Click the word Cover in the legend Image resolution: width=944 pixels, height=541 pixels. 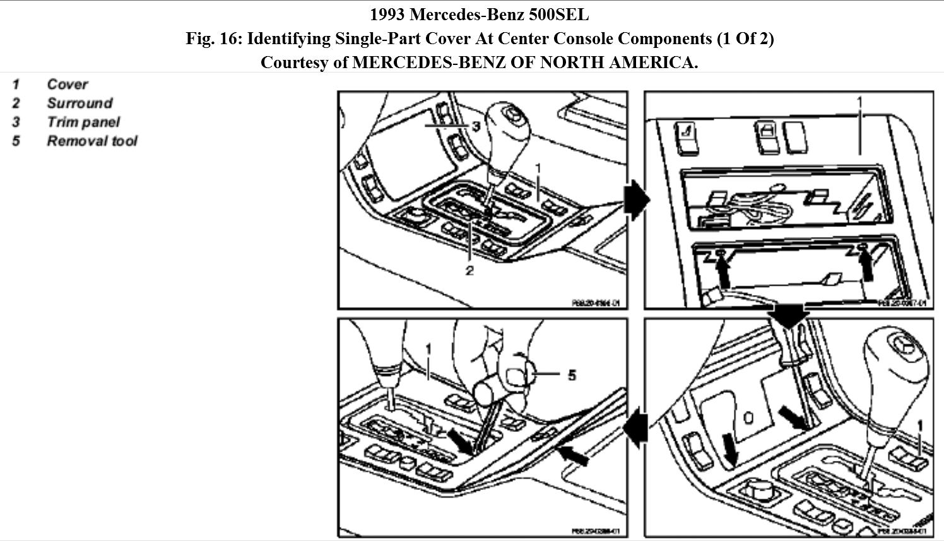tap(67, 84)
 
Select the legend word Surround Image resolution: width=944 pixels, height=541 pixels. tap(80, 103)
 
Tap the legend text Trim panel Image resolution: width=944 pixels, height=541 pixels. tap(83, 122)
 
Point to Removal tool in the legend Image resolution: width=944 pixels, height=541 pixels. tap(91, 141)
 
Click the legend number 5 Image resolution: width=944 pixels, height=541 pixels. tap(16, 141)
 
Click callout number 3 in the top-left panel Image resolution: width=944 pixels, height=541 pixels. tap(476, 126)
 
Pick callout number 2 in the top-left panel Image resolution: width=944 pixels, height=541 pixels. tap(469, 271)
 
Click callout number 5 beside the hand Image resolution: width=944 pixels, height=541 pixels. tap(572, 375)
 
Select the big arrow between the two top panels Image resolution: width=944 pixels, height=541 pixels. tap(636, 200)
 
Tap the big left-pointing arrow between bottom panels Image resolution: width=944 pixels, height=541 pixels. tap(637, 428)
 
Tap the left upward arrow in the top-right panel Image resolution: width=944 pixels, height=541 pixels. tap(723, 270)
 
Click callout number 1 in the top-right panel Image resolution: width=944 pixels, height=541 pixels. tap(859, 101)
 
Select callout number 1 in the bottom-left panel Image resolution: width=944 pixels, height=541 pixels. tap(428, 349)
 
